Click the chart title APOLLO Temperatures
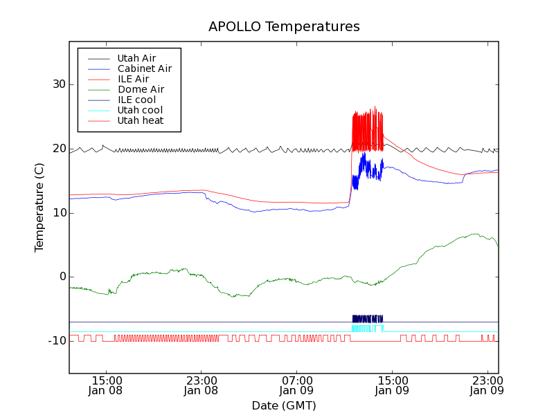click(x=284, y=27)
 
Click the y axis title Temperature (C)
click(x=39, y=207)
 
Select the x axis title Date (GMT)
click(x=284, y=405)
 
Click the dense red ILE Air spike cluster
click(x=367, y=131)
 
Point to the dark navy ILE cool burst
click(x=367, y=318)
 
